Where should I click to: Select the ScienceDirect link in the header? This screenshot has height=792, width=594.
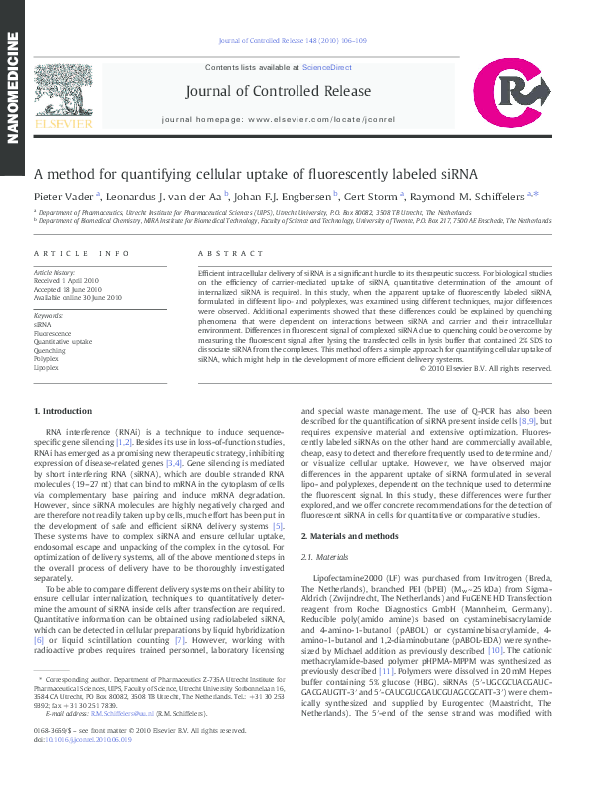327,67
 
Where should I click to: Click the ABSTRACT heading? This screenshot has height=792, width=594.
223,254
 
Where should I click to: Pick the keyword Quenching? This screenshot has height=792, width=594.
50,351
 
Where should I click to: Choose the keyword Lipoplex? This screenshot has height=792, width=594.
46,367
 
